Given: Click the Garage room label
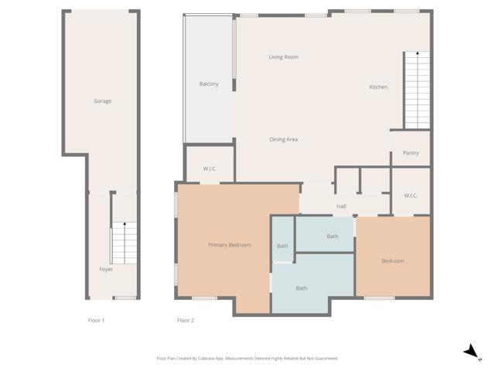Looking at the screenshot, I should click(x=103, y=101).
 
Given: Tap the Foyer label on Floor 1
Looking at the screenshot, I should click(x=106, y=270).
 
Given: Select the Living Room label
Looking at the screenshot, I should click(x=283, y=57).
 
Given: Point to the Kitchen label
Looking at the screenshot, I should click(x=378, y=87).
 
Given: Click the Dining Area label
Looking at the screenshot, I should click(x=283, y=139).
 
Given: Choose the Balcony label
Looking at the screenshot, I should click(x=209, y=84).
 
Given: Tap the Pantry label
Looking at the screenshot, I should click(x=411, y=153).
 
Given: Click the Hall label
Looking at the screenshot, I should click(x=341, y=206).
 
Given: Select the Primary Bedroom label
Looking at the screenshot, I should click(x=230, y=245).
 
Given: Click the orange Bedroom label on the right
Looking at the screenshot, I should click(x=393, y=261).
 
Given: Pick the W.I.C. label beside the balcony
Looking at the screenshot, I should click(x=210, y=168).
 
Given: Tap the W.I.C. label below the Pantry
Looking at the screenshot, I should click(x=411, y=196).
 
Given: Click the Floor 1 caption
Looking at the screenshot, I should click(x=97, y=320).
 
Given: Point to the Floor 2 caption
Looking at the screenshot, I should click(x=186, y=320).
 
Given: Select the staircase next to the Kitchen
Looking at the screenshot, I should click(x=416, y=90).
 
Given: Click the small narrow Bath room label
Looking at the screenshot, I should click(x=283, y=246).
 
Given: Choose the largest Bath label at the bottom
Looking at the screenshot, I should click(x=302, y=288).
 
